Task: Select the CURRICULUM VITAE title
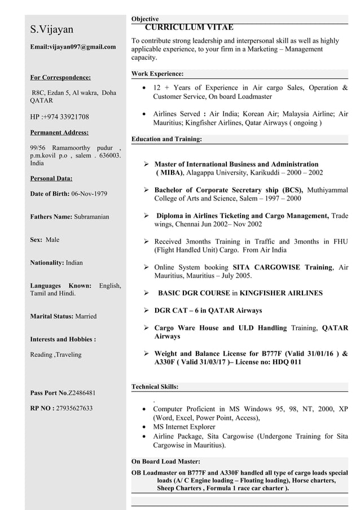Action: click(x=189, y=27)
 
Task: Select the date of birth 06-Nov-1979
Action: click(x=88, y=194)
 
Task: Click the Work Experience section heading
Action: click(x=157, y=74)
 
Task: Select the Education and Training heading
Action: click(x=166, y=138)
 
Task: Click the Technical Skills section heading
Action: click(x=155, y=387)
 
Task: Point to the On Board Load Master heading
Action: click(x=165, y=461)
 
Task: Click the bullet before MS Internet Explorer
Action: click(x=147, y=427)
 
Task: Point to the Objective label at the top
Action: click(x=145, y=19)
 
